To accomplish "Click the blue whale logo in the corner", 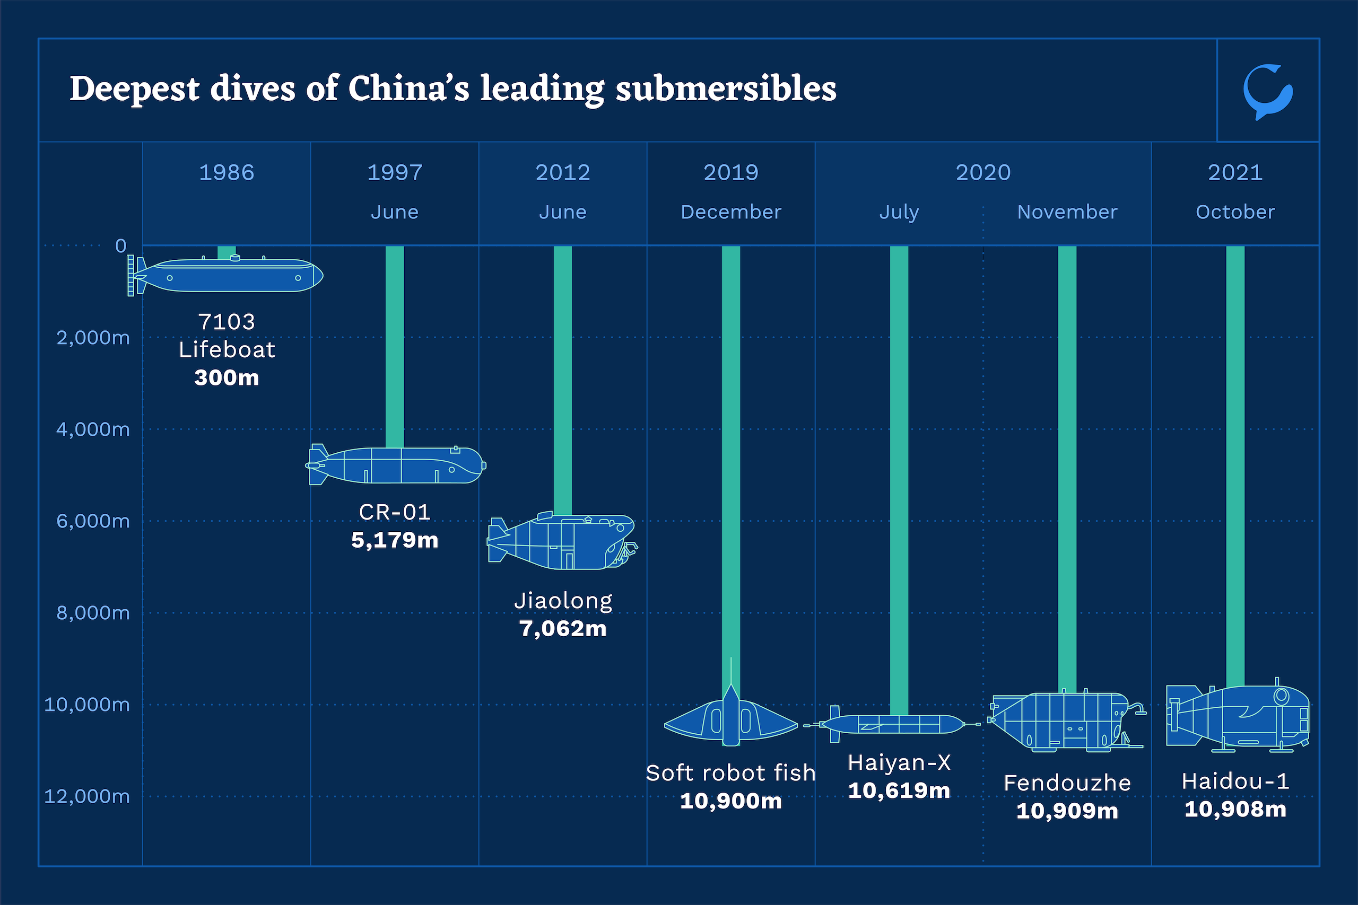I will (1267, 91).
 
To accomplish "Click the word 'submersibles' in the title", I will (726, 89).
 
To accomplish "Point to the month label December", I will (730, 212).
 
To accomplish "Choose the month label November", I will (1067, 212).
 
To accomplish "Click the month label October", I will (1235, 212).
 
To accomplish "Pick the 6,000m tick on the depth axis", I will (93, 521).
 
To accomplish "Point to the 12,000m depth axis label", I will (87, 796).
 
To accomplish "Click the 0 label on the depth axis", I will (120, 246).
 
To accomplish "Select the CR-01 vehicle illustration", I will (396, 464).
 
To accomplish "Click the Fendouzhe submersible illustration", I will (1063, 722).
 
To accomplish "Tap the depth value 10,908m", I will (1235, 809).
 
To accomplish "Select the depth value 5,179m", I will (395, 540).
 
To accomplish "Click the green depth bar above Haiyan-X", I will (899, 479).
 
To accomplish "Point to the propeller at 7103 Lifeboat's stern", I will (131, 276).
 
